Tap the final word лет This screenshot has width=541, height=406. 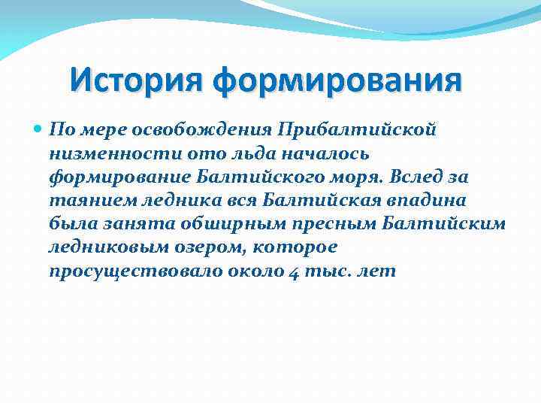click(375, 272)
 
